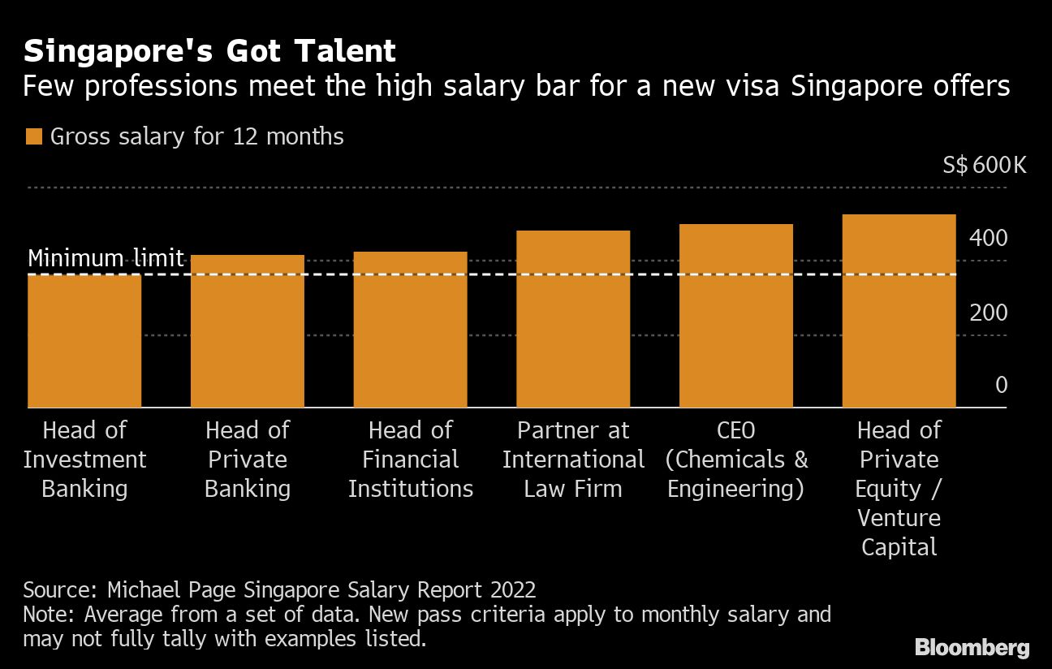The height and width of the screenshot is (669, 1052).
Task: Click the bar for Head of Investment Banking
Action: [x=84, y=341]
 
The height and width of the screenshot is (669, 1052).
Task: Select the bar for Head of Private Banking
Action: [x=248, y=331]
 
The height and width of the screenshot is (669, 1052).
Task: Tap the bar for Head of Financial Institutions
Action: [x=411, y=330]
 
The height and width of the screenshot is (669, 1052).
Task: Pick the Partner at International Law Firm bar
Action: [x=573, y=319]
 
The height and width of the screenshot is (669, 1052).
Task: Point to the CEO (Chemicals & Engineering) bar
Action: [x=736, y=316]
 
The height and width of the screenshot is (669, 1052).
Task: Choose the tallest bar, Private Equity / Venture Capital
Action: [x=899, y=311]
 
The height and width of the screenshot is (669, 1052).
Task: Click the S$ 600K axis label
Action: [x=985, y=166]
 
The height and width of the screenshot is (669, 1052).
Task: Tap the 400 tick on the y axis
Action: [x=988, y=239]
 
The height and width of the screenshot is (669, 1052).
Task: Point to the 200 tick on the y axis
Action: [x=988, y=313]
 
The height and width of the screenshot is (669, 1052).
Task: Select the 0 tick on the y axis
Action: [x=1001, y=385]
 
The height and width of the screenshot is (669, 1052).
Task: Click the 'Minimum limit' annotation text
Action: [x=106, y=258]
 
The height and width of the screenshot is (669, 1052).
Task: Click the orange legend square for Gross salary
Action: [x=33, y=136]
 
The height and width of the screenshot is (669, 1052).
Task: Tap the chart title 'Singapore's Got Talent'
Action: [x=209, y=51]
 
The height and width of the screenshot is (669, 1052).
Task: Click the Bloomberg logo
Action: [x=972, y=647]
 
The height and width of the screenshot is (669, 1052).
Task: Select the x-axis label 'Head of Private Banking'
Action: [x=248, y=460]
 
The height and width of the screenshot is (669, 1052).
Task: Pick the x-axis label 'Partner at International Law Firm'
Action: [x=573, y=460]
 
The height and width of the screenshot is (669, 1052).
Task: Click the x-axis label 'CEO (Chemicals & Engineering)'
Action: [x=736, y=460]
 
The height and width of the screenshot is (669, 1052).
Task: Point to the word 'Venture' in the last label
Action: [x=899, y=518]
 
